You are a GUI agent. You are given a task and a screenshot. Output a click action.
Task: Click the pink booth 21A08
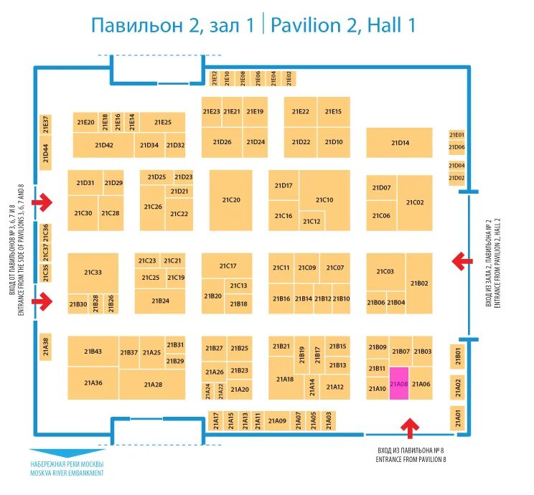point(399,384)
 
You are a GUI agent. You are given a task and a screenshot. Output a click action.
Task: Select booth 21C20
point(230,200)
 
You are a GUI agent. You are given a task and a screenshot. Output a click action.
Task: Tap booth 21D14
point(400,143)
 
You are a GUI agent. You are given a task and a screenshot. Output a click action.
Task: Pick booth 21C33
point(93,273)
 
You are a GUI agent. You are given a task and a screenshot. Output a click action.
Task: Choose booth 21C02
point(415,203)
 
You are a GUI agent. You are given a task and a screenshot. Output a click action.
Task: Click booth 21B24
point(161,301)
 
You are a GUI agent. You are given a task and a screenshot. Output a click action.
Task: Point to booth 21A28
point(153,385)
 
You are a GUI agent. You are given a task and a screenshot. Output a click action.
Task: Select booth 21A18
point(285,379)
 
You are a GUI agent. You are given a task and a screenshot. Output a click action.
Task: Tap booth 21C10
point(324,199)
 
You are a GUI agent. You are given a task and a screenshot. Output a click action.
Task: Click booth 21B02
point(419,283)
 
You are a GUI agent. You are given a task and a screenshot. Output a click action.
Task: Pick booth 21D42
point(103,145)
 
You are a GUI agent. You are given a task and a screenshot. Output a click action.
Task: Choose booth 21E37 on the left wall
point(45,123)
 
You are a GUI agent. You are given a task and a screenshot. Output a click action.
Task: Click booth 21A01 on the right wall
point(459,417)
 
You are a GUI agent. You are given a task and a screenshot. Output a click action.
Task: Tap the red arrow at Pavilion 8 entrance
point(410,428)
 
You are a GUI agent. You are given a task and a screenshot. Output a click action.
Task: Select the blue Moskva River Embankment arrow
point(67,453)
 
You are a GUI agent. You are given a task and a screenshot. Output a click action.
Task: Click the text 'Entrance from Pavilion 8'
point(411,458)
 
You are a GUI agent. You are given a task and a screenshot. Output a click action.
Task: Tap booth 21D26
point(222,142)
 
